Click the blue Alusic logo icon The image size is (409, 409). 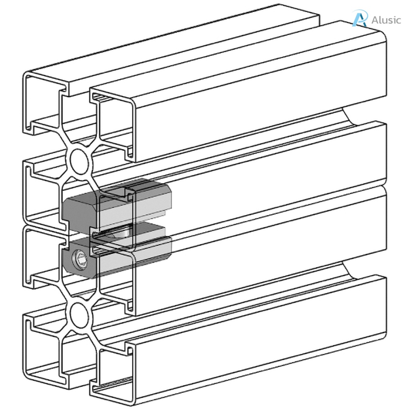(x=359, y=19)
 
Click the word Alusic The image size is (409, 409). (x=386, y=20)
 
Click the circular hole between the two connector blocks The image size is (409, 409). (x=124, y=232)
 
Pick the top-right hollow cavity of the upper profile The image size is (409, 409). (x=114, y=120)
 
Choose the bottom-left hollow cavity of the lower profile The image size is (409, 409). (x=43, y=347)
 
